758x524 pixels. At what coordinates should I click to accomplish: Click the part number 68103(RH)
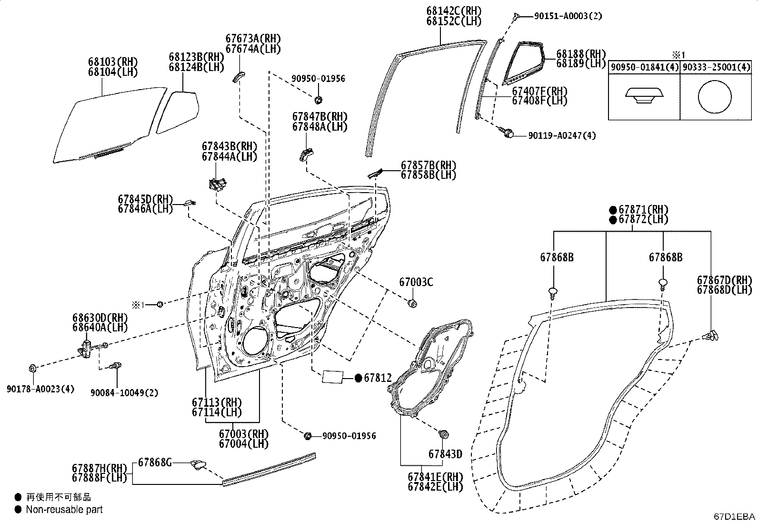coord(113,62)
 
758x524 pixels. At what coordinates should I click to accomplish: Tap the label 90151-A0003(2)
coord(568,16)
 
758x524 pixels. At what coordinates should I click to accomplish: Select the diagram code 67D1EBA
coord(734,516)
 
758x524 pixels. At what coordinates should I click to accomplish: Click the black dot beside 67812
coord(359,378)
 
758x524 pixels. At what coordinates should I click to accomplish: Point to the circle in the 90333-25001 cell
coord(715,97)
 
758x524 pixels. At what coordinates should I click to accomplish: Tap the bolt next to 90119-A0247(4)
coord(507,133)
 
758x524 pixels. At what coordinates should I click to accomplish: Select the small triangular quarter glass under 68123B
coord(177,112)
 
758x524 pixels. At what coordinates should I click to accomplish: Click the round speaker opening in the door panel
coord(254,343)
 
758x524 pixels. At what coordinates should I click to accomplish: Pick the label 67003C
coord(416,282)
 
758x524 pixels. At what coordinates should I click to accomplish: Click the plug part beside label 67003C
coord(412,303)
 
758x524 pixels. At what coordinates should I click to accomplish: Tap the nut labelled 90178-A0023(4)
coord(32,369)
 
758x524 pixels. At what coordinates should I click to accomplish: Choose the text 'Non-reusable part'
coord(64,509)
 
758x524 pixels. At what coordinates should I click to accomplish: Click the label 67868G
coord(155,462)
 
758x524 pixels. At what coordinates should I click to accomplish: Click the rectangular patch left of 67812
coord(332,377)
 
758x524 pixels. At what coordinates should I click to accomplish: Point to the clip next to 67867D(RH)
coord(709,336)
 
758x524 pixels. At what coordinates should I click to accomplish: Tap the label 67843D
coord(445,454)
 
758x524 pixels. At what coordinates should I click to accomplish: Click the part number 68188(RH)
coord(581,54)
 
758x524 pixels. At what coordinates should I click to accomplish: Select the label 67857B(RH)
coord(429,165)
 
